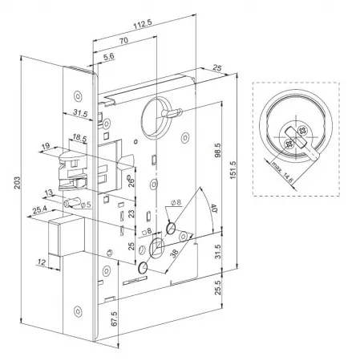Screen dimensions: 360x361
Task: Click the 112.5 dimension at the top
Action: [143, 24]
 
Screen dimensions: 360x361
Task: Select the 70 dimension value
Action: [123, 40]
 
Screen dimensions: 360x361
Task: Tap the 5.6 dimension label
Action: [109, 56]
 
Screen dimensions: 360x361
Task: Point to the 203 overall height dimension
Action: [18, 183]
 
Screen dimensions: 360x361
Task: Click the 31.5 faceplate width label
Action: [80, 113]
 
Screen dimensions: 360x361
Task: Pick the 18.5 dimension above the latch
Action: [79, 138]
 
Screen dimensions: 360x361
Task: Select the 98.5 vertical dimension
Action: [218, 150]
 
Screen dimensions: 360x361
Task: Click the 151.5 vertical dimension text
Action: [233, 170]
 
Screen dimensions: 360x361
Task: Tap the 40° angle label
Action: [214, 208]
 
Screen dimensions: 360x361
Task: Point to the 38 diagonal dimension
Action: [174, 254]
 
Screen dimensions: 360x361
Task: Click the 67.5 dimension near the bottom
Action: [114, 318]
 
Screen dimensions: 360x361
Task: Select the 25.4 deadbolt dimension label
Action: [40, 210]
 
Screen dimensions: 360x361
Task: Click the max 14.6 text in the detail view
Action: [282, 172]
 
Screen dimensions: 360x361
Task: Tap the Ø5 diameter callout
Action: [86, 205]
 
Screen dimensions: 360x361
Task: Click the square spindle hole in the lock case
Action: [156, 248]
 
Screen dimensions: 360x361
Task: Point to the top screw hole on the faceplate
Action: [78, 96]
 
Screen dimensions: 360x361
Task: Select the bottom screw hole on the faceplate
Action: [78, 311]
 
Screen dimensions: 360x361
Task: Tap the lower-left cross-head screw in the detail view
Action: [289, 144]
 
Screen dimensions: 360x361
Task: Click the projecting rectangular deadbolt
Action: [67, 235]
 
